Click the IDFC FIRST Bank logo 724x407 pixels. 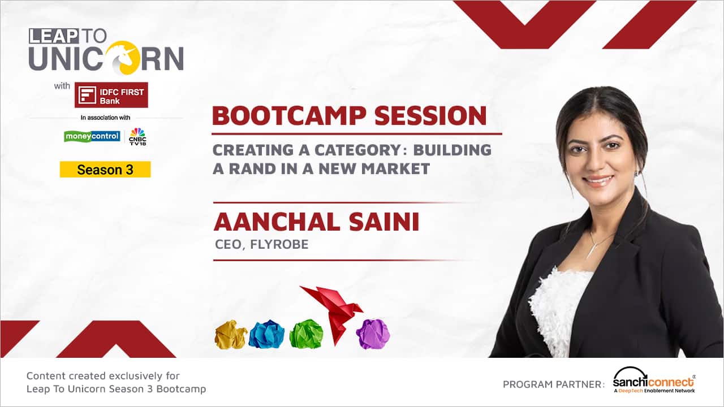[x=111, y=95]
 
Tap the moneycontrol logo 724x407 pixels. [x=92, y=136]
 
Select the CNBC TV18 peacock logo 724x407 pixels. [x=137, y=136]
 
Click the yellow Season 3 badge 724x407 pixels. [x=105, y=169]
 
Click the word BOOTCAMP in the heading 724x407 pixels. [x=289, y=116]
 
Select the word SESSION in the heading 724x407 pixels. [x=430, y=116]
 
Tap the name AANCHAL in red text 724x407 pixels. [x=277, y=222]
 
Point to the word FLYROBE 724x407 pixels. [x=279, y=245]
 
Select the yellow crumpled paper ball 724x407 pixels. [x=230, y=335]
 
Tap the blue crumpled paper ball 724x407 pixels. [x=266, y=334]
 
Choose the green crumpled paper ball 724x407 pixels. [x=306, y=334]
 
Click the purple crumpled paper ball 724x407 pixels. [x=373, y=334]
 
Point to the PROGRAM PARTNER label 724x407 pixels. [x=554, y=384]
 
